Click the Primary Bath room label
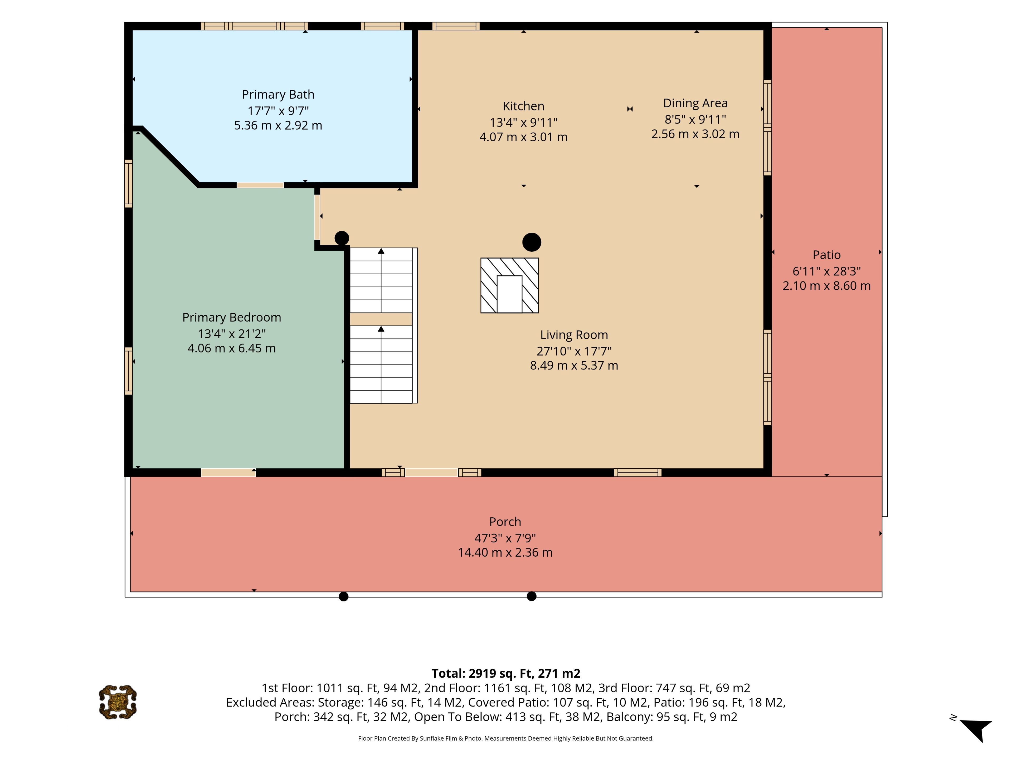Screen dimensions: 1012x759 278,95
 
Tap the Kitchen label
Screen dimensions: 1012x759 523,106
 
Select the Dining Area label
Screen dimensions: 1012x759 695,103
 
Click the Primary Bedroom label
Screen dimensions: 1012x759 231,318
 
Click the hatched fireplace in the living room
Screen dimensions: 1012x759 509,285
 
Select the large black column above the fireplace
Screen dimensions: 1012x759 532,242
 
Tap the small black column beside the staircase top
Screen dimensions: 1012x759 342,238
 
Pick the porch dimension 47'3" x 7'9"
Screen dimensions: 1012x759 505,538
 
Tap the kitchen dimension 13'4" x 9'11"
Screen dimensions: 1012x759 523,123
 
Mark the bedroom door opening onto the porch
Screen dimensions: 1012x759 228,473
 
